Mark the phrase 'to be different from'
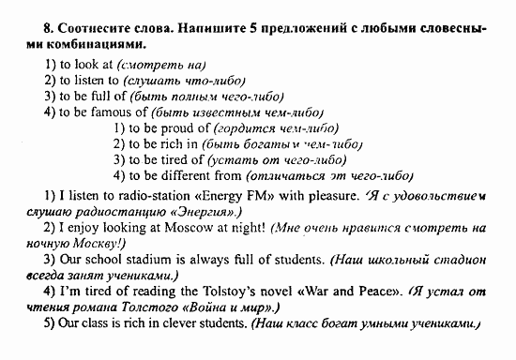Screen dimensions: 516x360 [189, 175]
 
